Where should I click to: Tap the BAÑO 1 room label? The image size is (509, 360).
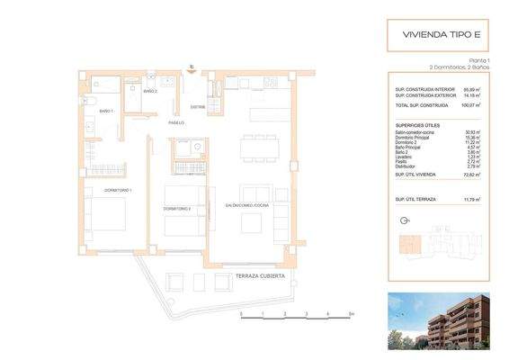[106, 111]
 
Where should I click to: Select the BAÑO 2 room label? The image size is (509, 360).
[150, 91]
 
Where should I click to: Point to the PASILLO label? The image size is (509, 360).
[178, 122]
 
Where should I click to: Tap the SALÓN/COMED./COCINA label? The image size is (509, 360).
[249, 206]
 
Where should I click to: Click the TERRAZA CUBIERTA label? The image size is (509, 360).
[261, 274]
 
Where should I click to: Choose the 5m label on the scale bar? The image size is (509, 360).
[351, 314]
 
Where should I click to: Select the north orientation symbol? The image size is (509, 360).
[401, 220]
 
